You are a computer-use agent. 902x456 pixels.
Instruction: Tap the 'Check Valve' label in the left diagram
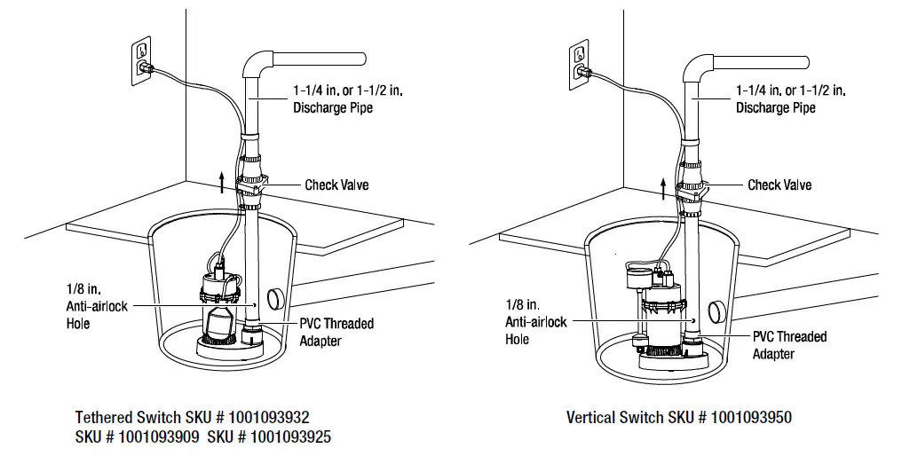click(x=336, y=185)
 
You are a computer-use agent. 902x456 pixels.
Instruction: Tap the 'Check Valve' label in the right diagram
click(x=779, y=185)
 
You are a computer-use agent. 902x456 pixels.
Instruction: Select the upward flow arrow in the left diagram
click(x=221, y=183)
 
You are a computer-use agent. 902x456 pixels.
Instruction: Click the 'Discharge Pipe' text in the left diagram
click(x=333, y=108)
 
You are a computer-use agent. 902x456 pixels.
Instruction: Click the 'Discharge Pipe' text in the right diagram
click(x=776, y=108)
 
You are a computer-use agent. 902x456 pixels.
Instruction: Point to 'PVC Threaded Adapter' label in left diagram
click(x=336, y=332)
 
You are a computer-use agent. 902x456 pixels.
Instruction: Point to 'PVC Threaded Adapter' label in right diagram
click(x=789, y=345)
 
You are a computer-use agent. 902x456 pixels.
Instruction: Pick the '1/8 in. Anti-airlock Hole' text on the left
click(x=97, y=306)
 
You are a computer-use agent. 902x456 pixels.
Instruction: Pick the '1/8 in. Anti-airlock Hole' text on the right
click(x=535, y=321)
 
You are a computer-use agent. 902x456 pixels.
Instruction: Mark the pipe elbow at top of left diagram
click(x=257, y=64)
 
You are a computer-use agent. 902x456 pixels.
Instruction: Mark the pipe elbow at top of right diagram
click(x=700, y=64)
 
